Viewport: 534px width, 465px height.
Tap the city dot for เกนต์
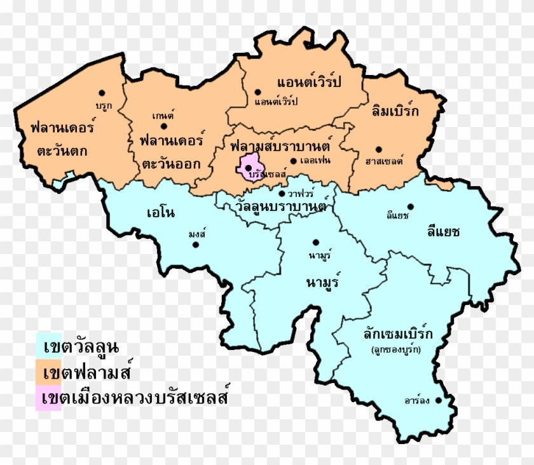163,126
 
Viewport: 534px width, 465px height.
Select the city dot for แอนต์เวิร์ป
257,92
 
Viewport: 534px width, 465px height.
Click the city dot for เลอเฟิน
293,161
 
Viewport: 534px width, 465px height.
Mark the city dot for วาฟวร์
282,193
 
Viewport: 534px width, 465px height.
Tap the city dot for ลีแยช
410,206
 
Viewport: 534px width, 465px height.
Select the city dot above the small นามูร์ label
315,242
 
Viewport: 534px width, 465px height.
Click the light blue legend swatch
49,347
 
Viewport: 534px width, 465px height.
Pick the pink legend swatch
49,398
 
